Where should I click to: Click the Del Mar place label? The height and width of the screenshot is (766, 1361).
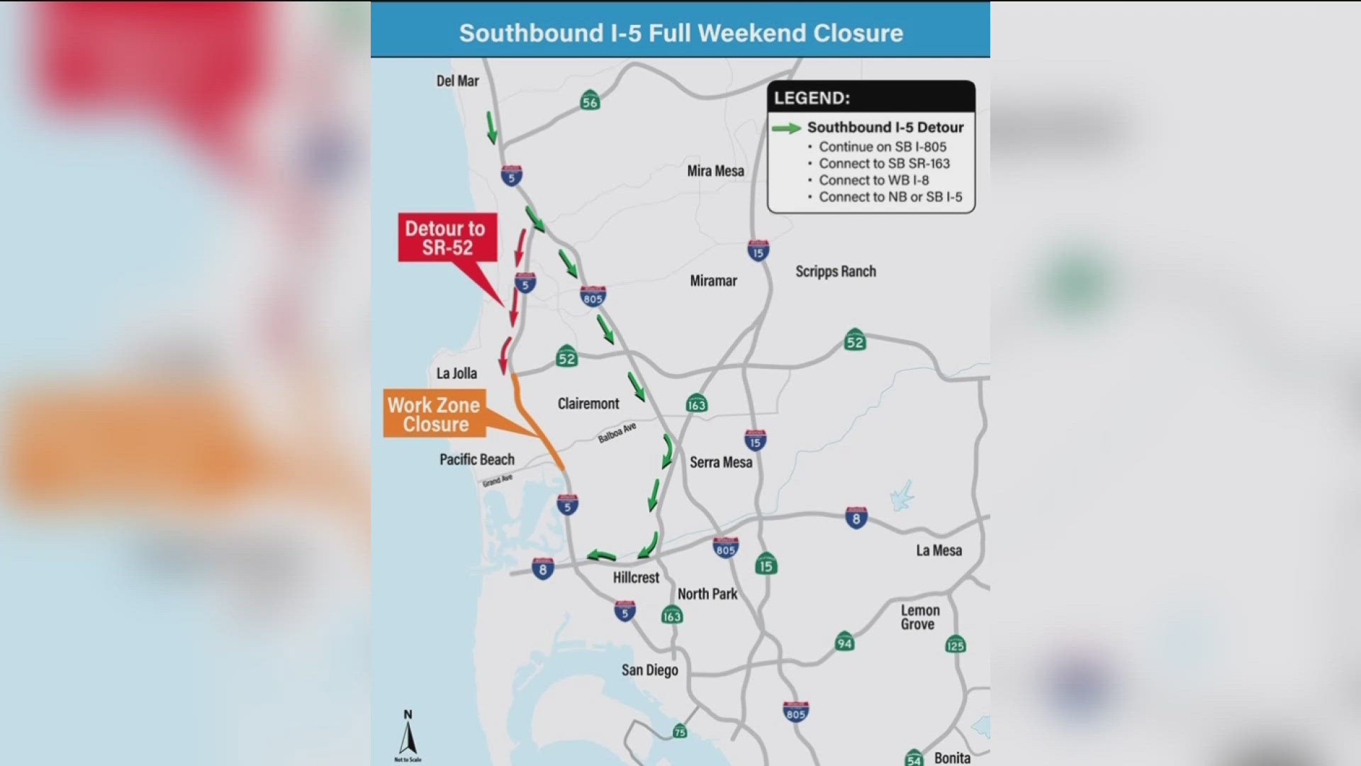pyautogui.click(x=457, y=81)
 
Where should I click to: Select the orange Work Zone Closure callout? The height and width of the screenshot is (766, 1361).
pyautogui.click(x=434, y=414)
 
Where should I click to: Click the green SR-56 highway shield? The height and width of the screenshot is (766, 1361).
pyautogui.click(x=590, y=101)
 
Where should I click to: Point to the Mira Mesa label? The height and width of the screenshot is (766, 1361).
pyautogui.click(x=715, y=171)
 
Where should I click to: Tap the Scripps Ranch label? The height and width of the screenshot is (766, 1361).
pyautogui.click(x=835, y=272)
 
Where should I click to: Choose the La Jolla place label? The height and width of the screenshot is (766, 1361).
pyautogui.click(x=457, y=374)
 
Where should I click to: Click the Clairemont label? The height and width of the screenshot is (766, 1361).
pyautogui.click(x=588, y=404)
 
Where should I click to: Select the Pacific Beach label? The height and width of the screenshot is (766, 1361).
pyautogui.click(x=476, y=460)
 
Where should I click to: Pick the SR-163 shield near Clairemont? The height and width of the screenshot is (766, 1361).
pyautogui.click(x=696, y=404)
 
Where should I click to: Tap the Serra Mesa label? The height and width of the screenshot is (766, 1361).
pyautogui.click(x=721, y=462)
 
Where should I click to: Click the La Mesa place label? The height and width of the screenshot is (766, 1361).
pyautogui.click(x=939, y=550)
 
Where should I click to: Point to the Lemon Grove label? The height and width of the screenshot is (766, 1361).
pyautogui.click(x=919, y=617)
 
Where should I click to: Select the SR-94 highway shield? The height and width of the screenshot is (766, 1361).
pyautogui.click(x=844, y=643)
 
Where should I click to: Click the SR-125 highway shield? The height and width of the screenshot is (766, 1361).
pyautogui.click(x=955, y=644)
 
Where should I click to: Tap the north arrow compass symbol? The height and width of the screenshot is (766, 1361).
pyautogui.click(x=408, y=735)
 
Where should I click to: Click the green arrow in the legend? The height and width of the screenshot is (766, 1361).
pyautogui.click(x=786, y=128)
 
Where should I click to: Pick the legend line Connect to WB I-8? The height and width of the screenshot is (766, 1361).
pyautogui.click(x=873, y=180)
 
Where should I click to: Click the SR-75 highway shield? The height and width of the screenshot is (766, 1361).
pyautogui.click(x=680, y=731)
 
